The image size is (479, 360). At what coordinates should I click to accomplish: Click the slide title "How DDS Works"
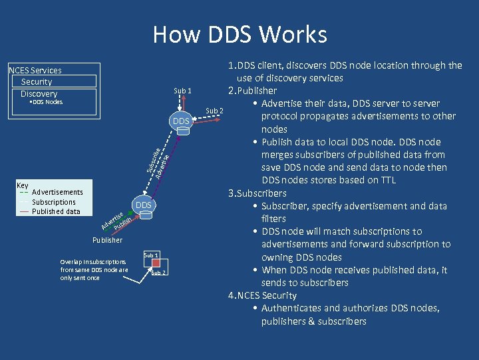(x=239, y=34)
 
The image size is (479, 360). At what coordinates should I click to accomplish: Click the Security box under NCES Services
(x=55, y=81)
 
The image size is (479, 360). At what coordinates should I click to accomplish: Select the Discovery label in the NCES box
(x=39, y=93)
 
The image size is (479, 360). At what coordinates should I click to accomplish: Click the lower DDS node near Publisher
(x=144, y=205)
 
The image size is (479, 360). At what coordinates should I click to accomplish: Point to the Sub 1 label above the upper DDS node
(x=182, y=91)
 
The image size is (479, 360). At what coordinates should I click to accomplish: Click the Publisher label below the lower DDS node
(x=107, y=240)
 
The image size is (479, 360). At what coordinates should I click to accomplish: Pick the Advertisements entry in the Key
(x=57, y=192)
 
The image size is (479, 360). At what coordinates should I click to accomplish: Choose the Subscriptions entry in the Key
(x=54, y=202)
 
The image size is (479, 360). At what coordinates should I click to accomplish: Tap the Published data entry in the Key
(x=56, y=211)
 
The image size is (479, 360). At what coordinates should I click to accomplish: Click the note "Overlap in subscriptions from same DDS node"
(x=94, y=269)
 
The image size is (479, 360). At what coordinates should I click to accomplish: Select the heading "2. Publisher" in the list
(x=253, y=91)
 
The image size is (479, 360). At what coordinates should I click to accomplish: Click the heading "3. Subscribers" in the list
(x=257, y=193)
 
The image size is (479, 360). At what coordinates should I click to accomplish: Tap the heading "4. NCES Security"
(x=263, y=295)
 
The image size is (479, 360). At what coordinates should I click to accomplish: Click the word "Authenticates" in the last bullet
(x=290, y=308)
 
